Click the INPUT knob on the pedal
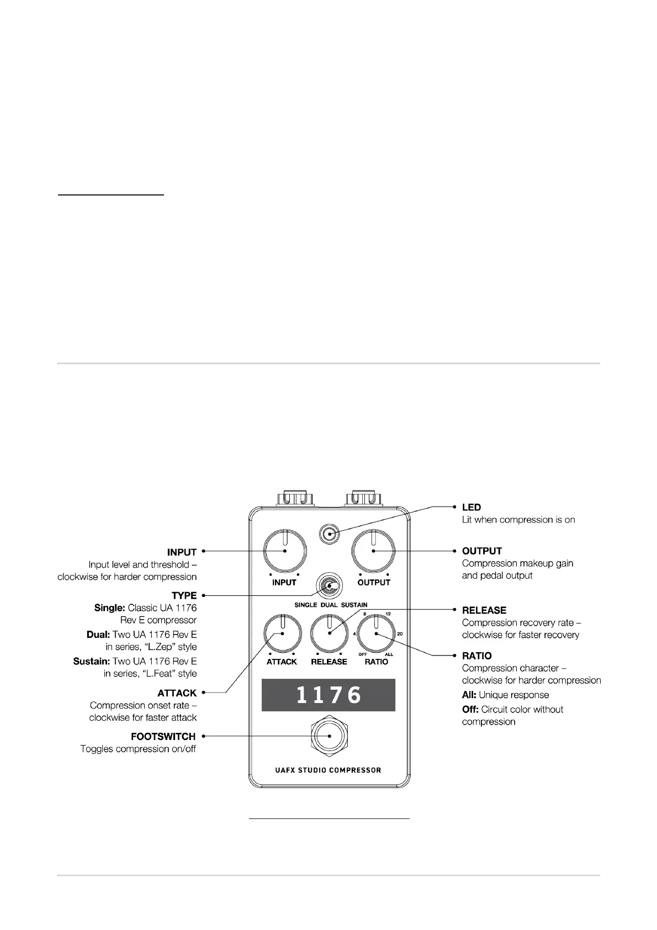(285, 551)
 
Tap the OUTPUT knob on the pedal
(374, 551)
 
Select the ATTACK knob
(282, 634)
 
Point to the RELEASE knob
(330, 633)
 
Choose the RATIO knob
(376, 633)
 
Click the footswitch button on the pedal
(330, 736)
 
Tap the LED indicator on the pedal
(330, 534)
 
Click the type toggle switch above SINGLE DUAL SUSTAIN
(330, 586)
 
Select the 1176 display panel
(328, 695)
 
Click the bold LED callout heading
(471, 507)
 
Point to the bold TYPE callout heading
(184, 595)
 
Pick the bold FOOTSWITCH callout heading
(163, 736)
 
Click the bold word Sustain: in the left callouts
(92, 661)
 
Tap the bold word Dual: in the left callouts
(98, 635)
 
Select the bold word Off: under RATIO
(470, 709)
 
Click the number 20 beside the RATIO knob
(400, 633)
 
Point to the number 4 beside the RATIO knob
(354, 633)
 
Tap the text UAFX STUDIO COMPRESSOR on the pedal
(328, 770)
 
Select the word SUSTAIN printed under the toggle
(354, 605)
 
